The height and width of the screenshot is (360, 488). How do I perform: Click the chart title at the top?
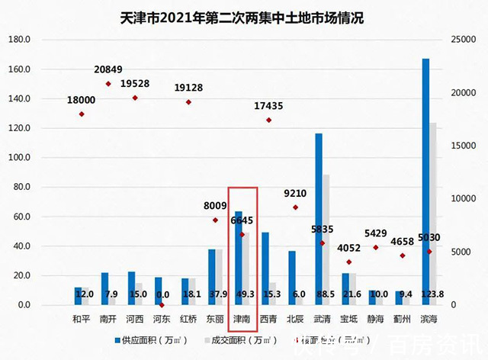point(242,17)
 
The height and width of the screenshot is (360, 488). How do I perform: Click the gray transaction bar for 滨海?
point(433,214)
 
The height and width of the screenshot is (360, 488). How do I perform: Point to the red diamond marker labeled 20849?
point(108,84)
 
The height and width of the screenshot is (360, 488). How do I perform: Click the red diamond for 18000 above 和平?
point(82,114)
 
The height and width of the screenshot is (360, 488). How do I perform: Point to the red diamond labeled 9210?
point(295,207)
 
